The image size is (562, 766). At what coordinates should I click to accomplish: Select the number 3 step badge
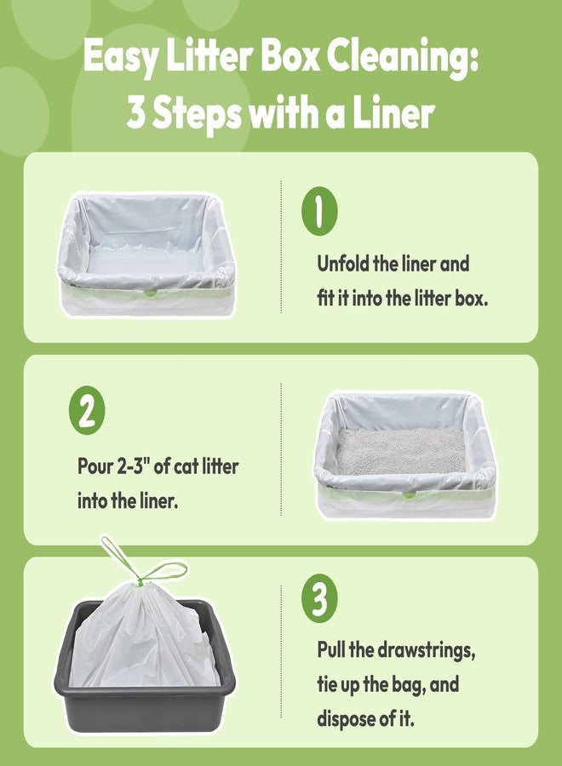(319, 598)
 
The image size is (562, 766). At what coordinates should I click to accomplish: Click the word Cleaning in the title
(402, 58)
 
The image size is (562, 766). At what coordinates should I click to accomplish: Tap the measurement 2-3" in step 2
(133, 466)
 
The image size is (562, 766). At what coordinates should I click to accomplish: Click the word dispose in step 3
(345, 719)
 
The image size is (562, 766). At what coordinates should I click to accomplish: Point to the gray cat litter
(400, 450)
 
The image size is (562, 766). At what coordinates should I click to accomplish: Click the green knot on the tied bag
(140, 582)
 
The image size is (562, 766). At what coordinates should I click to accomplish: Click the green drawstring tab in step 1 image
(149, 293)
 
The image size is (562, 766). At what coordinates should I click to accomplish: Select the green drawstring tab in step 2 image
(409, 494)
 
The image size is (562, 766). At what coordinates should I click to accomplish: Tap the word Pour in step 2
(95, 466)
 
